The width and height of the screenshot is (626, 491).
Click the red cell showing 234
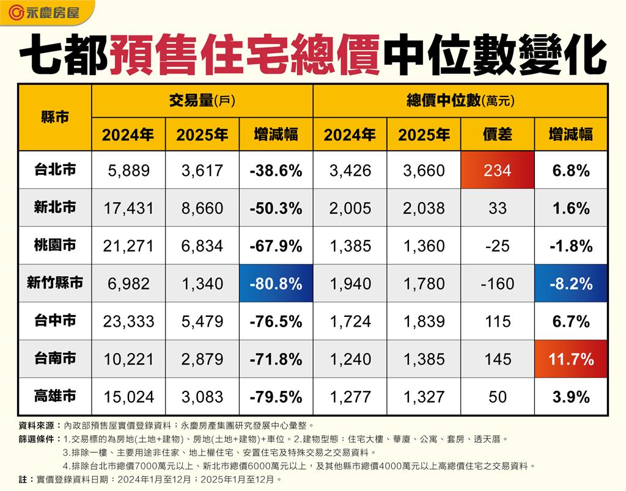tap(497, 170)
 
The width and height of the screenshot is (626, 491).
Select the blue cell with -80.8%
tap(276, 283)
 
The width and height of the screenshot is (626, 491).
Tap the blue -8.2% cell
tap(570, 283)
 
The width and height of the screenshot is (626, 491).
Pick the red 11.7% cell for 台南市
tap(570, 359)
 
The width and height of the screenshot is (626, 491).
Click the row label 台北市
tap(55, 170)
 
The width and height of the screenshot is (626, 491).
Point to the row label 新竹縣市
tap(55, 283)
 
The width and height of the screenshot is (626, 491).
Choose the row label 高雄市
tap(55, 396)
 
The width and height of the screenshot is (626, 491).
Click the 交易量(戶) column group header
tap(202, 101)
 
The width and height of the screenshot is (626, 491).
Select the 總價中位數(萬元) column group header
tap(460, 101)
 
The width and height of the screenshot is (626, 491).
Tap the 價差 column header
tap(497, 134)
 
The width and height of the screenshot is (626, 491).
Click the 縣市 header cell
tap(55, 117)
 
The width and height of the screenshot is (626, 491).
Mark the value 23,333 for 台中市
tap(128, 321)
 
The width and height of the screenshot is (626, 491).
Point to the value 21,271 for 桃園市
tap(128, 246)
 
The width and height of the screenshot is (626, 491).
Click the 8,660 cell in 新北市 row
tap(202, 208)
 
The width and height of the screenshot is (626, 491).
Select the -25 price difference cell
tap(497, 246)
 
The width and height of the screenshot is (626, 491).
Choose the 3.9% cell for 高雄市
tap(570, 396)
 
